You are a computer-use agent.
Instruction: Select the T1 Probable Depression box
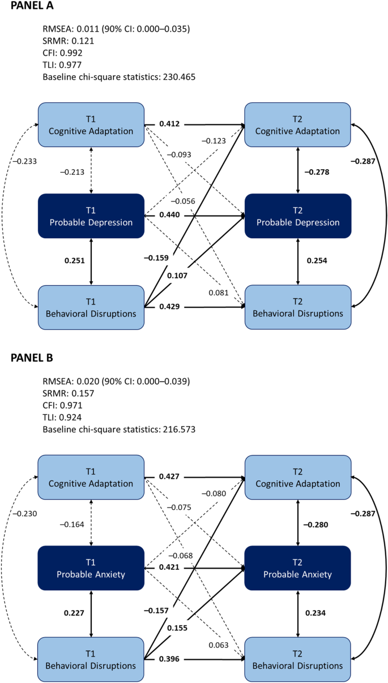click(x=91, y=216)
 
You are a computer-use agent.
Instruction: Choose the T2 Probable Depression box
click(x=298, y=216)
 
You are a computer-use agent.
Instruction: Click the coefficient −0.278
click(x=317, y=171)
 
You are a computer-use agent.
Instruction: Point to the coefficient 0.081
click(x=218, y=293)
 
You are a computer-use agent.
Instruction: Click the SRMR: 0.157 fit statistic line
click(x=68, y=393)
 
